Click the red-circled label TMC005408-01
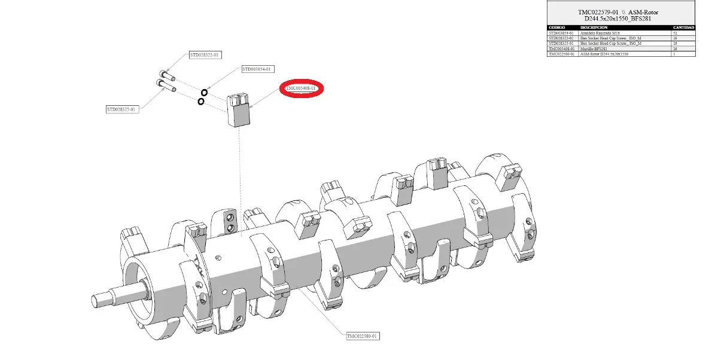(302, 89)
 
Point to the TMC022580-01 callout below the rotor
(363, 337)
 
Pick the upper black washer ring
(204, 92)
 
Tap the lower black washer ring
(201, 102)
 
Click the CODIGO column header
(557, 28)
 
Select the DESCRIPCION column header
(593, 28)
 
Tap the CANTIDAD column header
(683, 28)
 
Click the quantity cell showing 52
(676, 33)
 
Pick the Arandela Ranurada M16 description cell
(600, 33)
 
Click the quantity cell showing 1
(675, 54)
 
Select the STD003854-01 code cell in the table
(561, 33)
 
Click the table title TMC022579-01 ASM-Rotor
(622, 16)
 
